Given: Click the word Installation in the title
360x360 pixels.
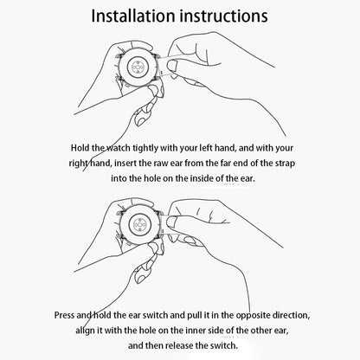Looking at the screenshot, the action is pos(134,16).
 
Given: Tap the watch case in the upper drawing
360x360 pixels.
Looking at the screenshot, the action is pos(138,67).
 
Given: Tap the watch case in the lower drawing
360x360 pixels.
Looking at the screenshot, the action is pos(139,224).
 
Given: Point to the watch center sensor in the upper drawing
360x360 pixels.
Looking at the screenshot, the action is pos(138,67).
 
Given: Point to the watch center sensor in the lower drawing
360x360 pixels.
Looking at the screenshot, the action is pos(140,224).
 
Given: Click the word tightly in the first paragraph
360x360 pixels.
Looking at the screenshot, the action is pos(145,148).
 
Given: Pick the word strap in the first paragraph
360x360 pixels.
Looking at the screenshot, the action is pos(285,164).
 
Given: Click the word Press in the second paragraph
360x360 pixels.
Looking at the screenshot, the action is pos(64,315).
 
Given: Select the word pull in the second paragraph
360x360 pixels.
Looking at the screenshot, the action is pos(195,315).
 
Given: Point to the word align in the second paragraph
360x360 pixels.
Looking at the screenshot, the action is pos(85,331).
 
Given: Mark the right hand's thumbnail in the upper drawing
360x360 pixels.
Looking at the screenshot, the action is pos(171,66).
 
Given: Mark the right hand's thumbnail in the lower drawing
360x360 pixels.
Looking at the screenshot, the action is pos(172,223).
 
